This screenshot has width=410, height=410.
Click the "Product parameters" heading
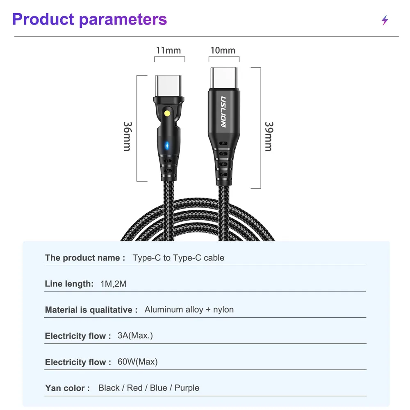coord(90,19)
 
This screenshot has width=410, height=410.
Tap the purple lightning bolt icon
coord(385,20)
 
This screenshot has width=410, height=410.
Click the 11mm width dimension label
coord(168,50)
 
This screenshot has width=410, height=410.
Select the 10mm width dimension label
coord(223,50)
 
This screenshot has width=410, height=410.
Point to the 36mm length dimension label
coord(127,136)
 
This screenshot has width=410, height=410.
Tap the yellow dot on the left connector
coord(167,113)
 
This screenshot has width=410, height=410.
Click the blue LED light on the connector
coord(166,145)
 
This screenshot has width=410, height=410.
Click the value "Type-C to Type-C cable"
coord(178,258)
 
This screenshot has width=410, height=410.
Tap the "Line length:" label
coord(69,284)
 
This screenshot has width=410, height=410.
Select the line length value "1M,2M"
coord(113,284)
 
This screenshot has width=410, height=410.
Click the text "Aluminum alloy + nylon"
coord(189,310)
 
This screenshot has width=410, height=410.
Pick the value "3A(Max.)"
coord(135,335)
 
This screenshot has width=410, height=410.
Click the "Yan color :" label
coord(67,388)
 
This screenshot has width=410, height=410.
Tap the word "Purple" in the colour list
coord(187,388)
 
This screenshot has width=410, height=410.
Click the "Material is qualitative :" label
coord(91,310)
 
